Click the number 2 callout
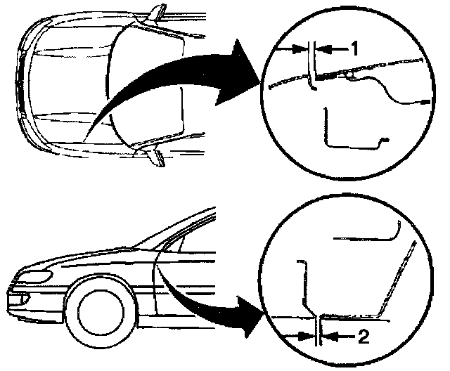pyautogui.click(x=363, y=337)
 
